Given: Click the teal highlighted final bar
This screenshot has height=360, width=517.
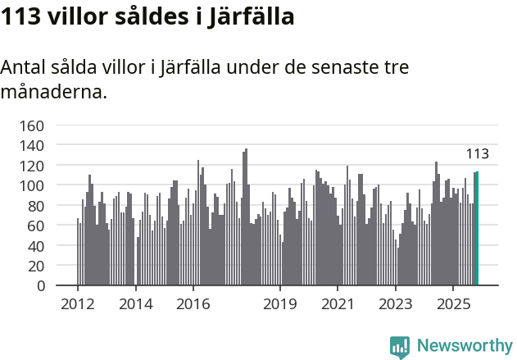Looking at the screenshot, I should coord(477,229).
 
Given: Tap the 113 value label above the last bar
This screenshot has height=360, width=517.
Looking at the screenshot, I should coord(478,154).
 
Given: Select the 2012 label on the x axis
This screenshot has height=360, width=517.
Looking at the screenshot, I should coord(78,303).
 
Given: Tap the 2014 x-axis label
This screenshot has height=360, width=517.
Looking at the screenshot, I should coord(135,303).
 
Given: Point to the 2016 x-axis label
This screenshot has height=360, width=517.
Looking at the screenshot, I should coord(193,303).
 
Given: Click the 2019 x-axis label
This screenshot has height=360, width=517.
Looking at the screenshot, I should coord(280,303).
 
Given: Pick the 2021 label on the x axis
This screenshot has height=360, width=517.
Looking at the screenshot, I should coord(338,303).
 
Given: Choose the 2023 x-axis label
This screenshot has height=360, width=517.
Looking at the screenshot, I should coord(396,303).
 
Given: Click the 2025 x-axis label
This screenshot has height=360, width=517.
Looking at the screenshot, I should coord(453,303).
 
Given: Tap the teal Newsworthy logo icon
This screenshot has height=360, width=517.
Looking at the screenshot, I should coord(400,346).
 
